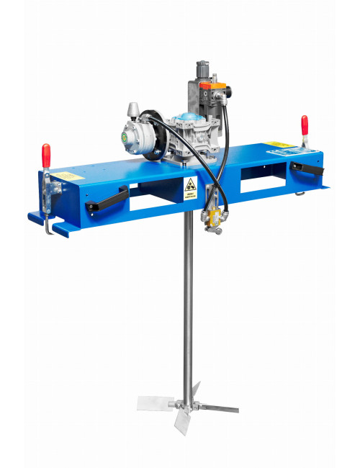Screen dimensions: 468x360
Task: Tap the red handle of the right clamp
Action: pos(305,125)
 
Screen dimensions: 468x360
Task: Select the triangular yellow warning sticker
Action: pos(191,185)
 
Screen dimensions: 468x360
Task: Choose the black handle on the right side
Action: pos(308,171)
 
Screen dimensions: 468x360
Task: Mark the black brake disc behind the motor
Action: pos(153,130)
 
